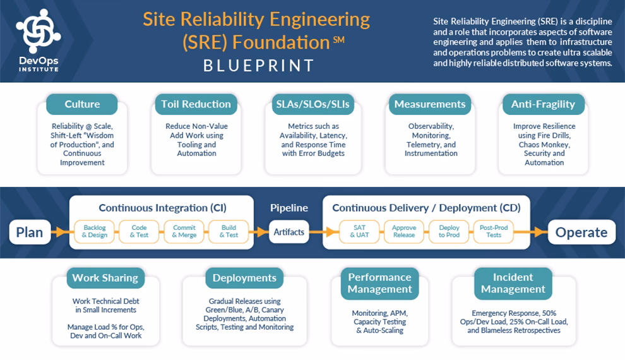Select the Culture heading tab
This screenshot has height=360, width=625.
point(82,104)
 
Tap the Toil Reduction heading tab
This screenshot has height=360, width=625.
point(196,104)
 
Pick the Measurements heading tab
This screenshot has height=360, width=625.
point(430,104)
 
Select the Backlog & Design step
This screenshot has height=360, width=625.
point(95,231)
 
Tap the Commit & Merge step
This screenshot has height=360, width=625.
point(184,231)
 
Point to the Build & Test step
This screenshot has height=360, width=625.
point(229,231)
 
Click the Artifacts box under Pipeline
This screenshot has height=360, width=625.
point(289,232)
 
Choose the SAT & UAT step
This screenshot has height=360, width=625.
point(360,231)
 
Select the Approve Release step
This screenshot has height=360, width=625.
point(404,231)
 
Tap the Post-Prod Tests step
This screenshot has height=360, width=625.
point(494,231)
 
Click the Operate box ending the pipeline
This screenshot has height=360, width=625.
point(581,232)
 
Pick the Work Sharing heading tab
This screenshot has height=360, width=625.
point(105,278)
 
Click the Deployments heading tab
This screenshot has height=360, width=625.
point(244,278)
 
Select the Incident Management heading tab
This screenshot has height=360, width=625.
point(513,283)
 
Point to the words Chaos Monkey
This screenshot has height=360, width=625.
point(532,145)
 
